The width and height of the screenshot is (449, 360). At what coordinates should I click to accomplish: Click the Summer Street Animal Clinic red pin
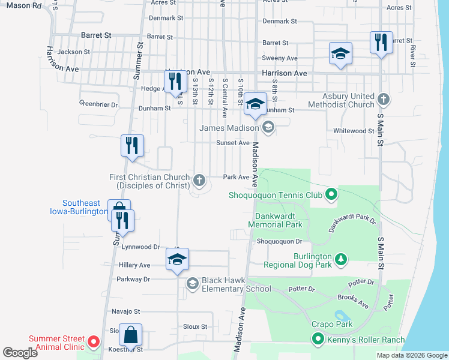(x=93, y=342)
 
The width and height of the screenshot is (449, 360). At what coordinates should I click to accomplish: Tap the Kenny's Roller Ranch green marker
(x=318, y=340)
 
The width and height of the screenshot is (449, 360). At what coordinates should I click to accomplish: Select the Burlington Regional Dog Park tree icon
(x=341, y=259)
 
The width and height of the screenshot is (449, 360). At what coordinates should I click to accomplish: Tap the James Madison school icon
(x=268, y=127)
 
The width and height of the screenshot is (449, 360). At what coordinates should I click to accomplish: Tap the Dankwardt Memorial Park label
(x=278, y=220)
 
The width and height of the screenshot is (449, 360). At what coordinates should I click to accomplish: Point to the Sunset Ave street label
(x=233, y=143)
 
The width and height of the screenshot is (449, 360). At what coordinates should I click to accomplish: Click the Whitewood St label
(x=354, y=131)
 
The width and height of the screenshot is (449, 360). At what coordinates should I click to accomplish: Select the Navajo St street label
(x=125, y=311)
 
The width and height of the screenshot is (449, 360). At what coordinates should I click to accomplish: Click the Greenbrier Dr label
(x=98, y=104)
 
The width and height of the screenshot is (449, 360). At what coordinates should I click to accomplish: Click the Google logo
(x=20, y=353)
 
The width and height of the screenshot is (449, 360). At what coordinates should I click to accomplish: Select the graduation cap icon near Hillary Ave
(x=177, y=259)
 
